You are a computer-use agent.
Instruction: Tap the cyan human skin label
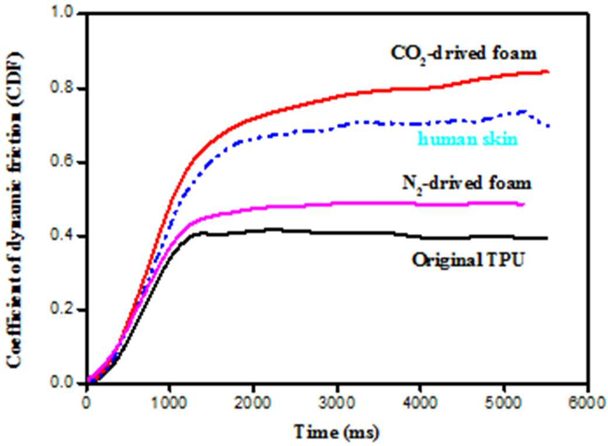[x=468, y=139]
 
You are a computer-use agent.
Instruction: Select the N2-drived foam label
[x=467, y=184]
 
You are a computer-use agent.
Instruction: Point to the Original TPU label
[x=468, y=260]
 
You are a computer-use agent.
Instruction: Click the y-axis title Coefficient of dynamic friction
[x=15, y=209]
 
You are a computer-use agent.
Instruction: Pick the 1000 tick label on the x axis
[x=169, y=403]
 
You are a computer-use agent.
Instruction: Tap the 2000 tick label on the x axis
[x=253, y=403]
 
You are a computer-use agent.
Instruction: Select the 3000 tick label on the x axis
[x=337, y=403]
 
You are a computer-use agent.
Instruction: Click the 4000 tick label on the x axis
[x=420, y=403]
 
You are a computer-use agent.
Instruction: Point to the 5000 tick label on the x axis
[x=504, y=403]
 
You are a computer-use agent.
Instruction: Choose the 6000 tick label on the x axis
[x=588, y=403]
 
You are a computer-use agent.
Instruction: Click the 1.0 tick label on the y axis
[x=63, y=13]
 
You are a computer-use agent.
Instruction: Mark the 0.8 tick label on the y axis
[x=63, y=88]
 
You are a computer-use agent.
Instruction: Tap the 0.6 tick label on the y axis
[x=63, y=162]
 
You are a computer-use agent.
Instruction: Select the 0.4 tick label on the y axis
[x=63, y=236]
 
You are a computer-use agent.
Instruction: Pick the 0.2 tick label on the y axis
[x=63, y=309]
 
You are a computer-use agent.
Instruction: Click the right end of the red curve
[x=548, y=72]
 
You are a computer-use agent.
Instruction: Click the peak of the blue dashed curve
[x=523, y=111]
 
